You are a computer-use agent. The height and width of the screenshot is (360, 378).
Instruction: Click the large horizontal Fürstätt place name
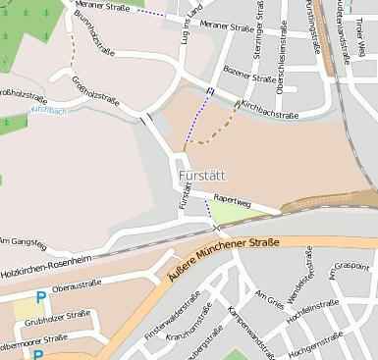point(203,176)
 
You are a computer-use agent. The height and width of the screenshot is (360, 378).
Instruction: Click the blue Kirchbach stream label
point(48,111)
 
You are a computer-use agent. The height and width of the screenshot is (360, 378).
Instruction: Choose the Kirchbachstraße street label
point(269,109)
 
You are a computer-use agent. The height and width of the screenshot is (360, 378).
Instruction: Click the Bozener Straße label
point(250,77)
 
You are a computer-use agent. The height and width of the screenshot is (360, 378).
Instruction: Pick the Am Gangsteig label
point(23,240)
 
